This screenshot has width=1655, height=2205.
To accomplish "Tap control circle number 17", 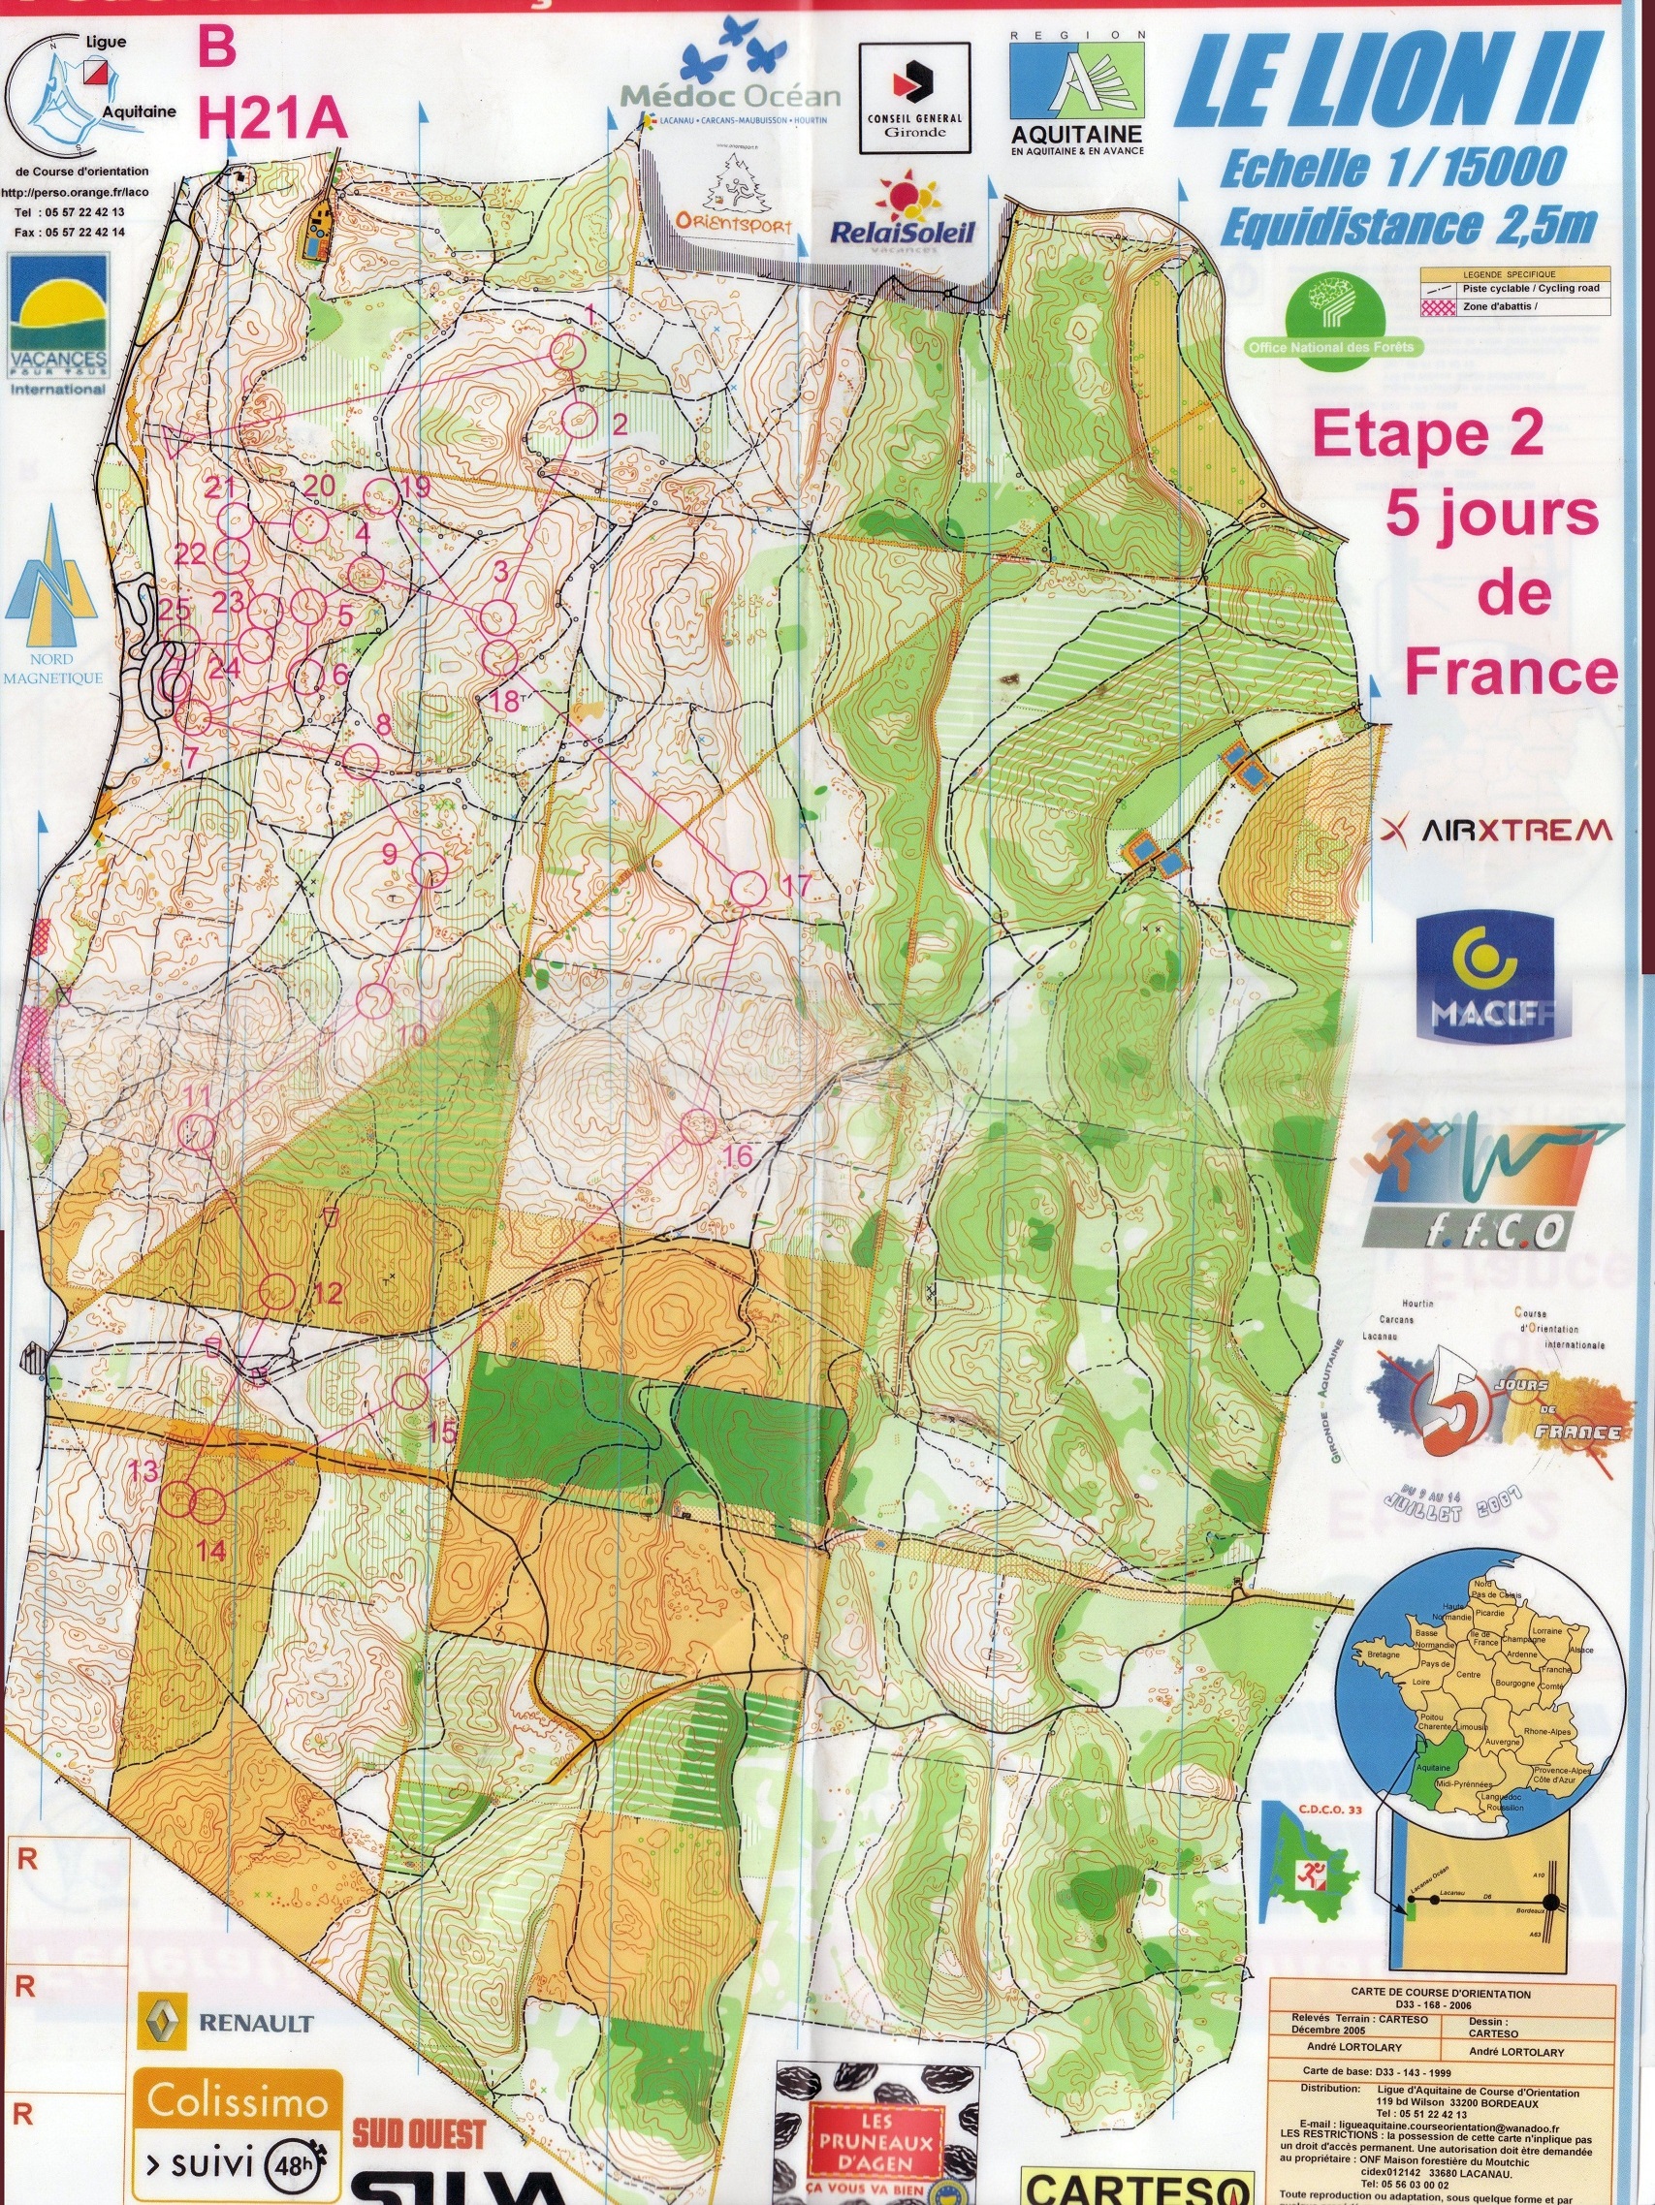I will pos(748,886).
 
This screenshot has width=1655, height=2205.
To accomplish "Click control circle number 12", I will pos(278,1291).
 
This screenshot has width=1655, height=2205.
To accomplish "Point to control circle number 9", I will pos(430,870).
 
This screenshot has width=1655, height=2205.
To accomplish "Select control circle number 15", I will pos(410,1391).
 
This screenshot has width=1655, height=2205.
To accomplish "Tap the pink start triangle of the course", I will pos(179,440).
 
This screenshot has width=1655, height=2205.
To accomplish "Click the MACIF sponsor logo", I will pos(1484,977).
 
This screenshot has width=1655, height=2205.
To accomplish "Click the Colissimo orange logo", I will pos(239,2102).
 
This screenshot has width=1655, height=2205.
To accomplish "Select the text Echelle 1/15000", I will pos(1390,168).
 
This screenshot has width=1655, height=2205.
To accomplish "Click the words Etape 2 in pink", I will pos(1427,435).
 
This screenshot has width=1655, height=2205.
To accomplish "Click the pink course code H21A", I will pos(272,119).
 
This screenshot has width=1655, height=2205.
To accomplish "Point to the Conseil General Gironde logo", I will pos(914,98).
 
